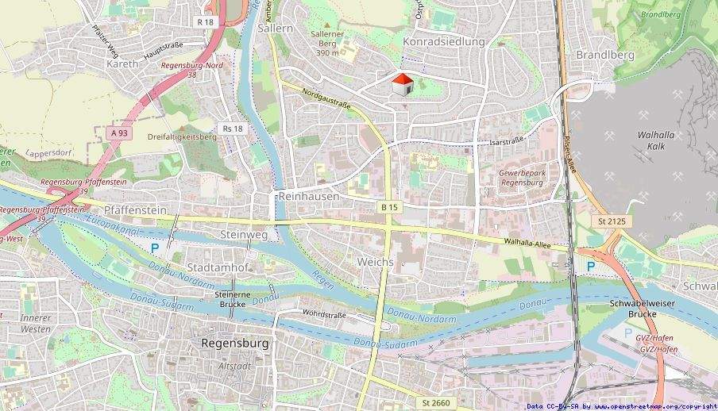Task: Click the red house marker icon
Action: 403,83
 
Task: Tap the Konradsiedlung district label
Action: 444,41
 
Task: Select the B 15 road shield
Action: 388,207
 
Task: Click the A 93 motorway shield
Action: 119,133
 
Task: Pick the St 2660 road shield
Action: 436,403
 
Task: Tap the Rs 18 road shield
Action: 233,129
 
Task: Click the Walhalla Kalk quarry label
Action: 655,140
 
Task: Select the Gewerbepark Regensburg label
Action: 521,177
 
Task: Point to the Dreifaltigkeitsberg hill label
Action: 182,136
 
